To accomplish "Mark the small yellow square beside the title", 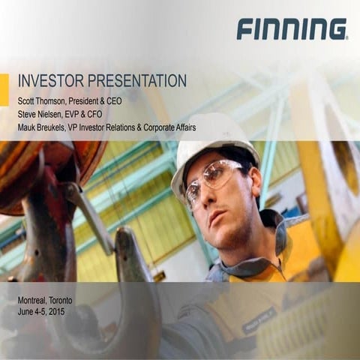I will click(4, 85).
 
